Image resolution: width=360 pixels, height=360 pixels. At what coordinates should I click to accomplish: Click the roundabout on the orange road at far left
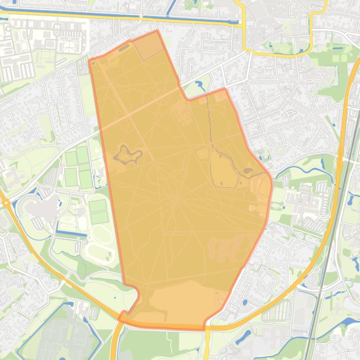[6, 202]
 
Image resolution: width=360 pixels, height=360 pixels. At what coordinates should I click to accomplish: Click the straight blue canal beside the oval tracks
[72, 232]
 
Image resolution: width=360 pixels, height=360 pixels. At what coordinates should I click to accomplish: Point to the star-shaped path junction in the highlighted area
[176, 198]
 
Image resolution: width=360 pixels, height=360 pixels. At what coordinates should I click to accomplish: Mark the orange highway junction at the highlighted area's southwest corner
[123, 317]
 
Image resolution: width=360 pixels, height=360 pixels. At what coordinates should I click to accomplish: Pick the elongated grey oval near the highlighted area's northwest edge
[125, 47]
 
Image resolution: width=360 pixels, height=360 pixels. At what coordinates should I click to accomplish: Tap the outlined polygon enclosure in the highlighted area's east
[223, 171]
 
